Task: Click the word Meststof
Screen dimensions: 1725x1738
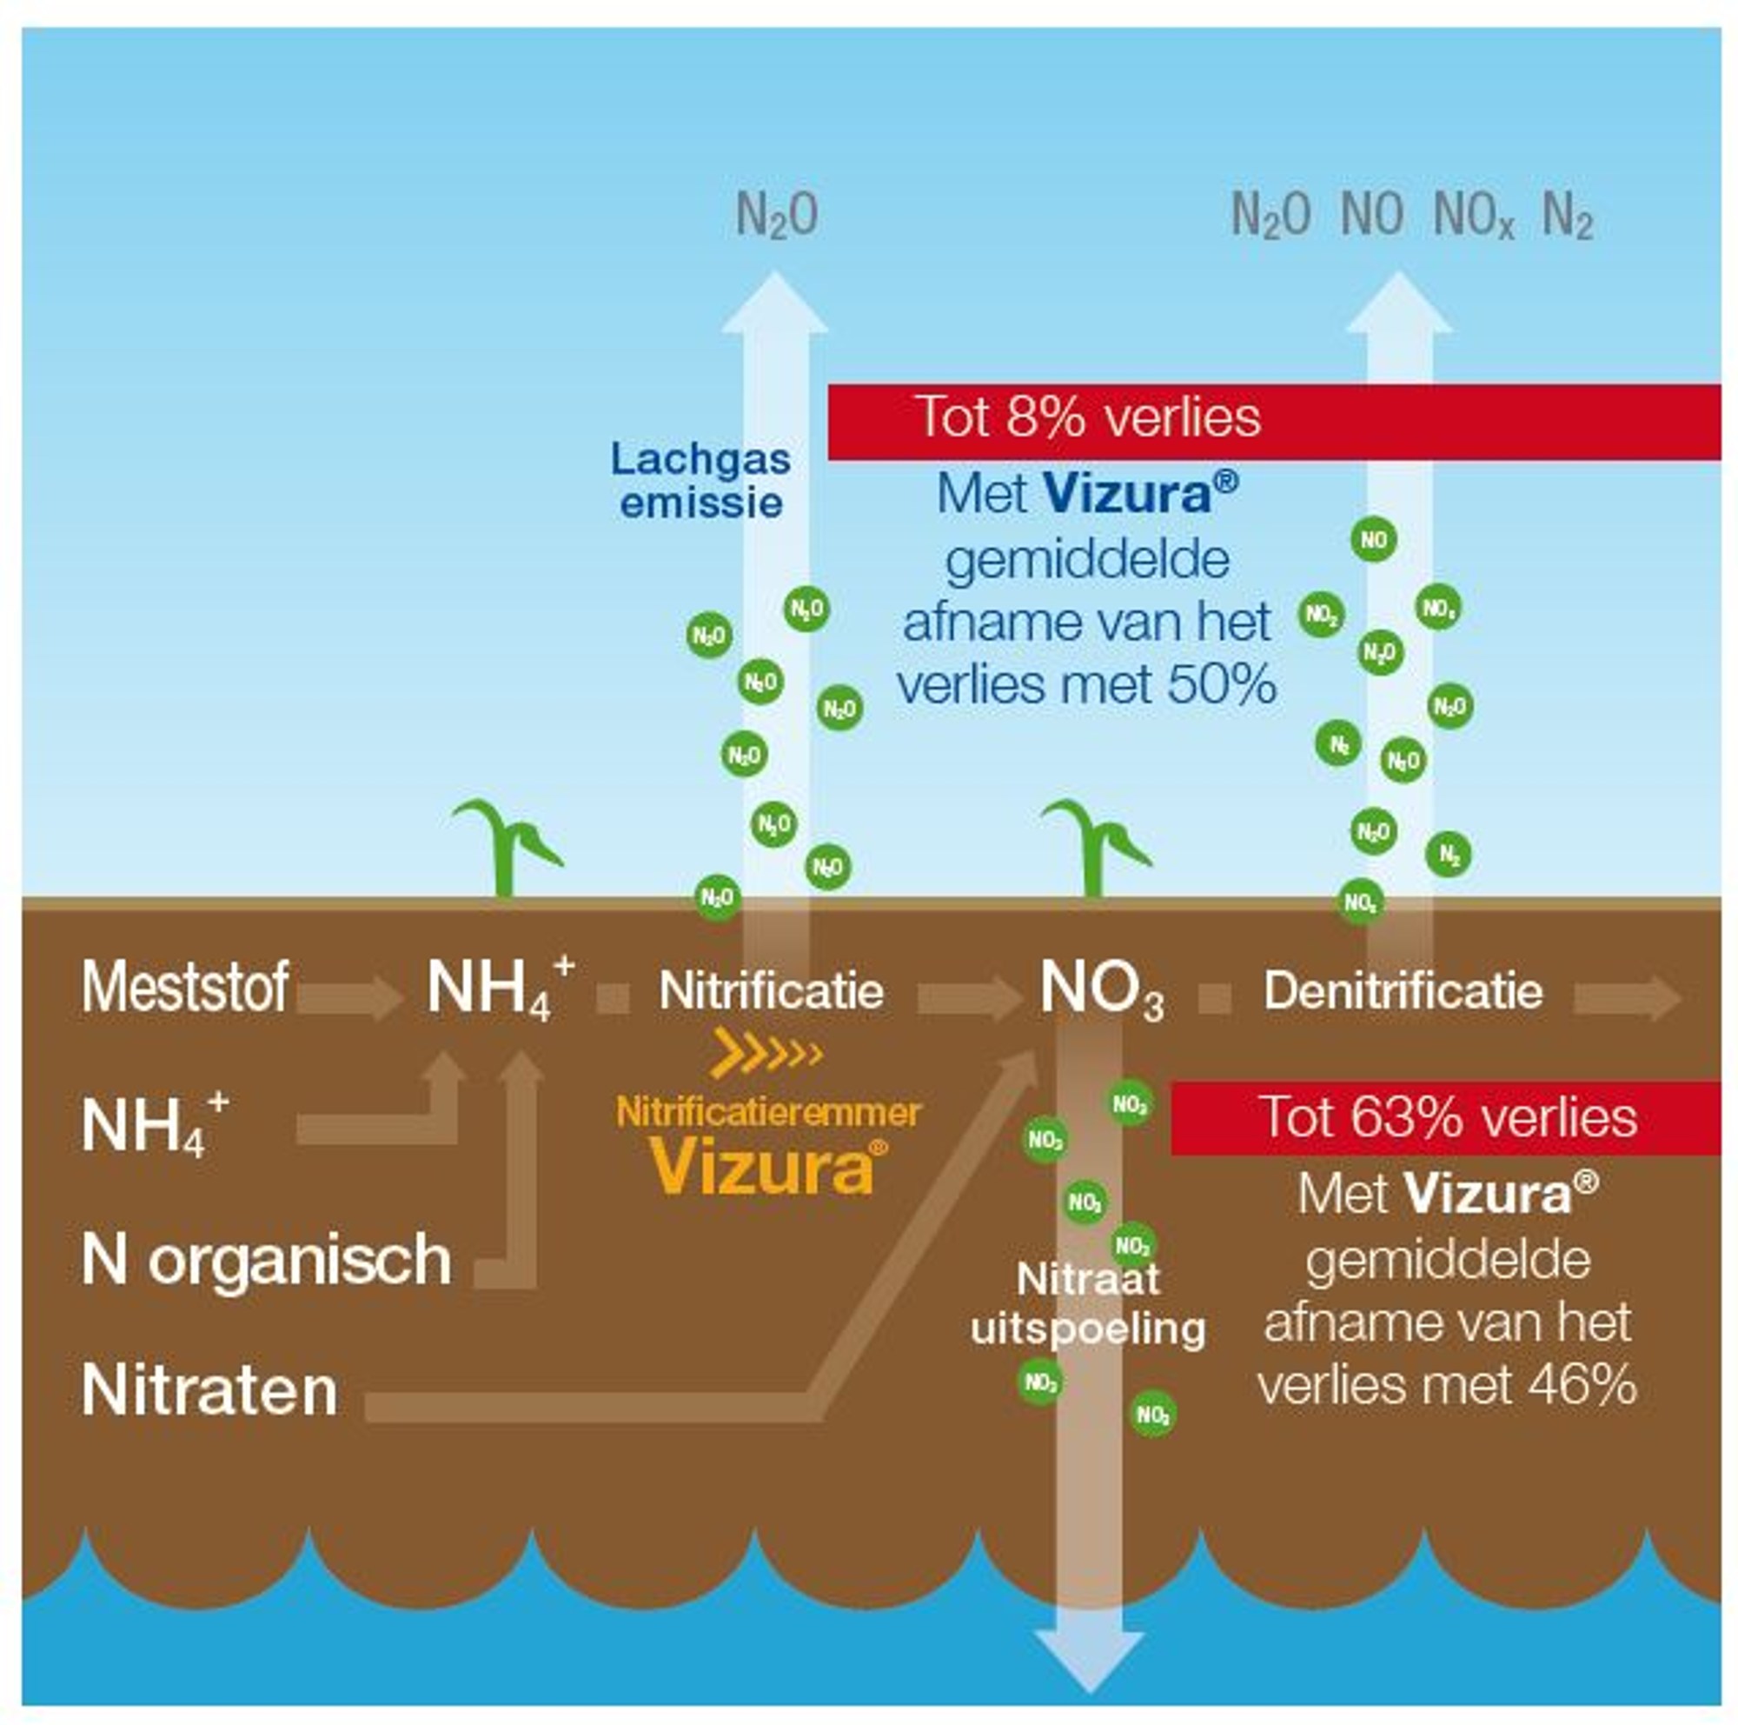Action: coord(185,988)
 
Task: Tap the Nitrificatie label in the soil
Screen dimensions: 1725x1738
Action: coord(771,990)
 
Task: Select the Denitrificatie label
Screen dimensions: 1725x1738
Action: coord(1403,990)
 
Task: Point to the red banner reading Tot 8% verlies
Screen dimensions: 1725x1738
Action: coord(1273,421)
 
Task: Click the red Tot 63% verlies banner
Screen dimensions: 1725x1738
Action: coord(1446,1117)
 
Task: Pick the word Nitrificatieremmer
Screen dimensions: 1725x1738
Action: coord(768,1113)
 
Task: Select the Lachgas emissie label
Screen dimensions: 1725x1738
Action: coord(700,481)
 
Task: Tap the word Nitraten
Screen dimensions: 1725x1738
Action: coord(209,1391)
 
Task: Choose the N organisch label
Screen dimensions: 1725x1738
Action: coord(266,1260)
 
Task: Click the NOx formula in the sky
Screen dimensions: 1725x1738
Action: coord(1473,216)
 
